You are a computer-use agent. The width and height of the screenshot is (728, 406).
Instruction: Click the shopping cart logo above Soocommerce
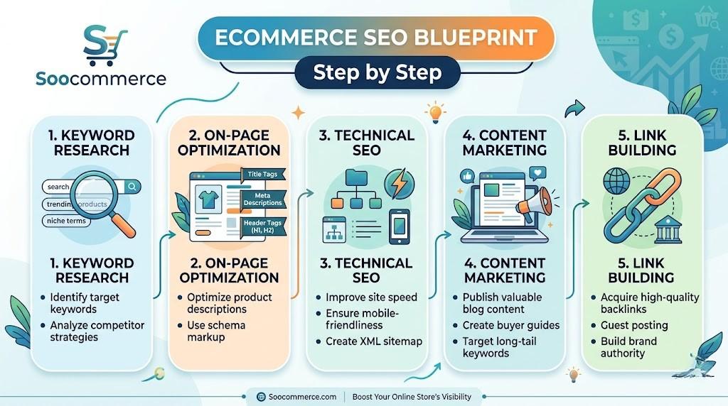pos(105,44)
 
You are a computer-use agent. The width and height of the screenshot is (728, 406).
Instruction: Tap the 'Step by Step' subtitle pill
pos(378,72)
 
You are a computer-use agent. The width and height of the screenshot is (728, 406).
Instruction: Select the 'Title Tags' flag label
pos(262,174)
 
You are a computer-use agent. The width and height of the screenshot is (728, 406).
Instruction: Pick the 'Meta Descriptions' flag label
pos(262,199)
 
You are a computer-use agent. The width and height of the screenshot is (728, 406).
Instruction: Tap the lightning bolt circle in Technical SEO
pos(400,184)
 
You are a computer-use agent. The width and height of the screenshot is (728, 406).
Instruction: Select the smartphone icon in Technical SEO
pos(399,226)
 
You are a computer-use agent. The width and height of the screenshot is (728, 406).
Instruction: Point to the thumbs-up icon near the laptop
pos(467,175)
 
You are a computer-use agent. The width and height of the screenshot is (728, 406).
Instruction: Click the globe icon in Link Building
pos(616,180)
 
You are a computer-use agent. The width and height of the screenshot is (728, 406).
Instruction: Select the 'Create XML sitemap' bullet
pos(373,341)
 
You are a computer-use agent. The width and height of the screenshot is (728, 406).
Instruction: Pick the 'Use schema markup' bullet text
pos(215,331)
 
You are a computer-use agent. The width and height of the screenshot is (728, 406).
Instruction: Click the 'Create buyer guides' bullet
pos(510,325)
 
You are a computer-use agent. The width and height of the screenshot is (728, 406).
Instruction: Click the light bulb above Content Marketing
pos(434,112)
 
